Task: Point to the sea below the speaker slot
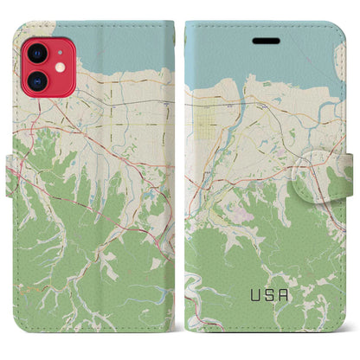point(260,61)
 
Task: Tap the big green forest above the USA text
point(260,251)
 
